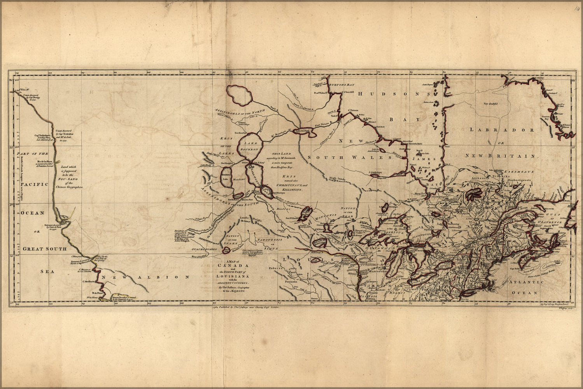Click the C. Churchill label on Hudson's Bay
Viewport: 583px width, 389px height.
347,92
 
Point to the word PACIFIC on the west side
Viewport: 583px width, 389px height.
34,184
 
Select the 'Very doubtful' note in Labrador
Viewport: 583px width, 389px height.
490,103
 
